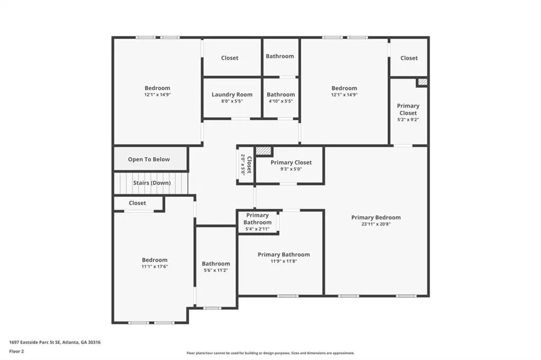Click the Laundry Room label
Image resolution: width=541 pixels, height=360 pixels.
tap(232, 94)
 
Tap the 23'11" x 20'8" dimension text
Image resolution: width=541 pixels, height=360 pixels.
tap(376, 224)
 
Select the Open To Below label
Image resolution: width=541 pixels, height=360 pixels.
tap(148, 159)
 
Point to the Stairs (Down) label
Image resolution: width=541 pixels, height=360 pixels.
tap(152, 183)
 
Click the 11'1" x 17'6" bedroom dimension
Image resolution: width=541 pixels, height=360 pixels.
tap(155, 267)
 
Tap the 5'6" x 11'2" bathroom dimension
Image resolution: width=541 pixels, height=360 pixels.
tap(216, 270)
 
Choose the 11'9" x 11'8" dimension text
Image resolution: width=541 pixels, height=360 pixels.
tap(284, 261)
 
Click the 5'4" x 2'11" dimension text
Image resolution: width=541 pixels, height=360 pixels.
tap(257, 229)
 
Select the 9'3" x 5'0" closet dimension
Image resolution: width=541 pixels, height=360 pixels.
tap(291, 169)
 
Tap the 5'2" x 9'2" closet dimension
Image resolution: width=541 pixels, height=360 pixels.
tap(408, 120)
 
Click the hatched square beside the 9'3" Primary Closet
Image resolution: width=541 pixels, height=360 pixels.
tap(264, 151)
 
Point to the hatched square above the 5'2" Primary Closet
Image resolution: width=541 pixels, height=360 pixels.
tap(423, 82)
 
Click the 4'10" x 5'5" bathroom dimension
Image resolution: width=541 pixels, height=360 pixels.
tap(281, 101)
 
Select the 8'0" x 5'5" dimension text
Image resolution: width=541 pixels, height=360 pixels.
tap(232, 101)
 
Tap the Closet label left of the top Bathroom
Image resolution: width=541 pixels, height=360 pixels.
tap(229, 58)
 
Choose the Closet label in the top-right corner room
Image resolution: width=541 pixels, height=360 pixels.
tap(409, 58)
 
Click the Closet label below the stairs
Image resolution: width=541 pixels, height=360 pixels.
tap(137, 203)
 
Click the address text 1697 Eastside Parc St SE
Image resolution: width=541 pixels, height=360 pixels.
tap(35, 343)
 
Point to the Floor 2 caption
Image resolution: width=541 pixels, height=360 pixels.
tap(16, 352)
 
